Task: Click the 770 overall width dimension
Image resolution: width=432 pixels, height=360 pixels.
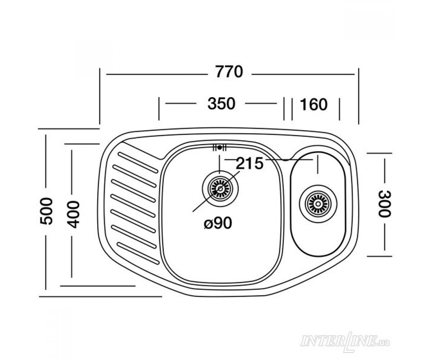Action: pos(229,72)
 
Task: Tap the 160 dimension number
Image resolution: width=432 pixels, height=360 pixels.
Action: pos(314,104)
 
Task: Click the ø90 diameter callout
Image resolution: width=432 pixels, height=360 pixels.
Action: pos(218,223)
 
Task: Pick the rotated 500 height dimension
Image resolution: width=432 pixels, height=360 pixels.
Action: pos(46,211)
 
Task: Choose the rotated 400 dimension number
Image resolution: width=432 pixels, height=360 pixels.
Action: pos(73,214)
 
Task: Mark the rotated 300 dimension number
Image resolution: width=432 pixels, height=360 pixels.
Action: pos(384,204)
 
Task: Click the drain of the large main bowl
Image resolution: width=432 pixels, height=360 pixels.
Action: pos(220,189)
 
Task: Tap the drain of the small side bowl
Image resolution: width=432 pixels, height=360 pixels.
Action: pos(318,204)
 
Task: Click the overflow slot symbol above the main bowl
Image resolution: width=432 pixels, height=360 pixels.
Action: pos(220,148)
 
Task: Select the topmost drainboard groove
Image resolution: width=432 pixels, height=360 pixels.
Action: pos(138,163)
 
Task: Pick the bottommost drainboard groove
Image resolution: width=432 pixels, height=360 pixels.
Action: pos(139,253)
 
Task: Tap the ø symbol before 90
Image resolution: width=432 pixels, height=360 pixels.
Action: pos(208,224)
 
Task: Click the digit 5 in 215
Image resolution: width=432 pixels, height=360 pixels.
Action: pos(258,163)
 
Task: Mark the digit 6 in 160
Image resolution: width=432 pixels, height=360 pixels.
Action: pos(314,104)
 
